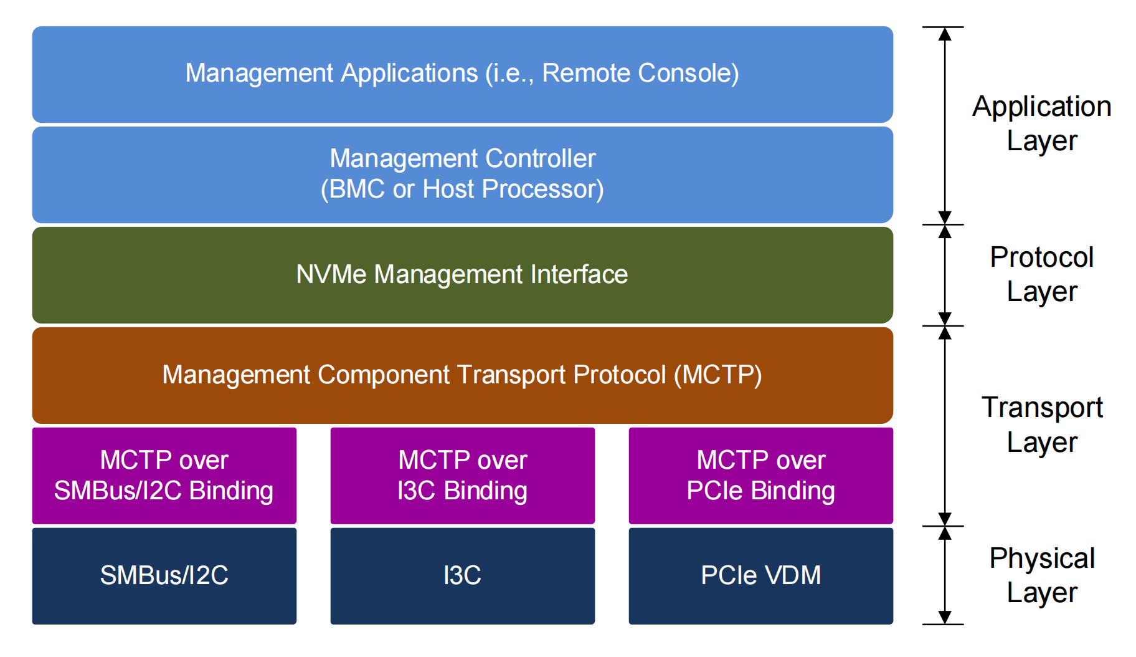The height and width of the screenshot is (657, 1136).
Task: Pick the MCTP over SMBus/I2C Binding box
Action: [164, 476]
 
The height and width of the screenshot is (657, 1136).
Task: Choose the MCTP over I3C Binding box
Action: [462, 476]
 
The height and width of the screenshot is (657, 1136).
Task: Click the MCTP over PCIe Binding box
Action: [760, 476]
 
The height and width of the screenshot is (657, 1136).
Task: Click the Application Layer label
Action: [1042, 123]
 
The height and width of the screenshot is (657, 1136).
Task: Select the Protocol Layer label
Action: [1042, 274]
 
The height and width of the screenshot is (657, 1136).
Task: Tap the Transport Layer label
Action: [1042, 424]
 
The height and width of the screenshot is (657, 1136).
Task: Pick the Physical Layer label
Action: [1042, 575]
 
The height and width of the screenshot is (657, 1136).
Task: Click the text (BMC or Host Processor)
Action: [462, 189]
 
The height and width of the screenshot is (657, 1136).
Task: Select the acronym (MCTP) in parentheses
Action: [717, 375]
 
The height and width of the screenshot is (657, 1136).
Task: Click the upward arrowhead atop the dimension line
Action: [945, 34]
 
